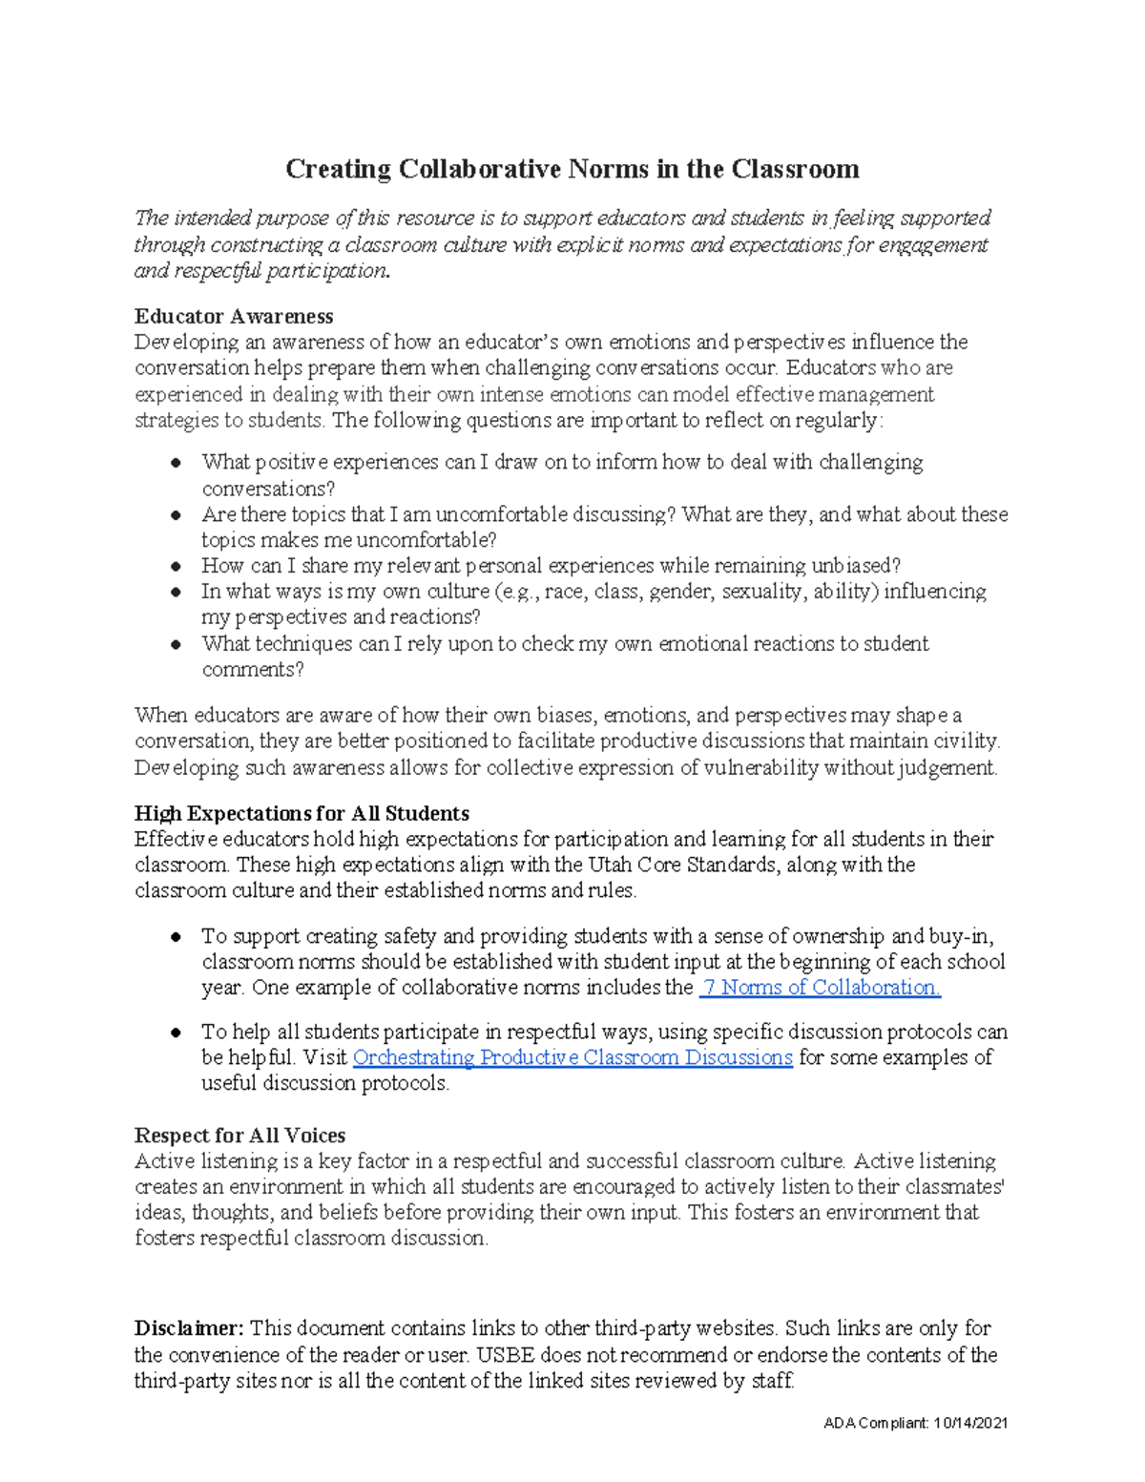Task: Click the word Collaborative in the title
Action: (480, 170)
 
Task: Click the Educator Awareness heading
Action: (234, 316)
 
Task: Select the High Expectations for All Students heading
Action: (302, 813)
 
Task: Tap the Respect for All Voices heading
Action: (239, 1136)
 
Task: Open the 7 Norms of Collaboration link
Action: (821, 988)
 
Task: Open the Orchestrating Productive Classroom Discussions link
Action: (572, 1057)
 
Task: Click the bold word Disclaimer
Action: (189, 1328)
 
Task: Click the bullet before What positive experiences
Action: (176, 463)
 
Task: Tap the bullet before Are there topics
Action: (176, 515)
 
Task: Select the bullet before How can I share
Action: (176, 566)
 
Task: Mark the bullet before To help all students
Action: (176, 1033)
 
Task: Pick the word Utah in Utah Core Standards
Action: (609, 865)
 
